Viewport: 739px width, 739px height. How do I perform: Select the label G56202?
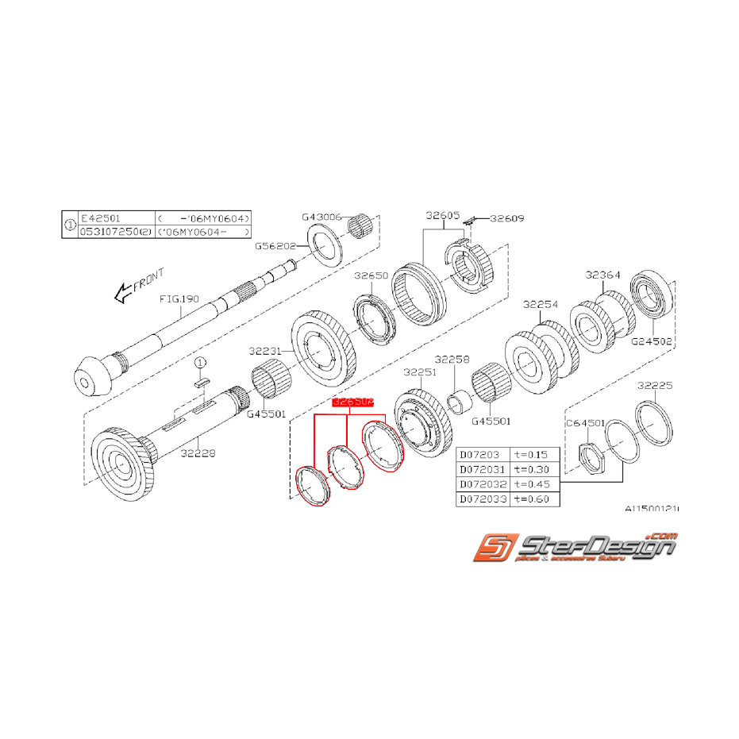click(275, 246)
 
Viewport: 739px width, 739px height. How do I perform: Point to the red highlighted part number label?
click(352, 402)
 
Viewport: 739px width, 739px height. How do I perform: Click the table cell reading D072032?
click(483, 484)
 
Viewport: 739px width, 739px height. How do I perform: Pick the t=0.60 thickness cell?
click(534, 499)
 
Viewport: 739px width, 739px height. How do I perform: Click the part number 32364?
click(603, 275)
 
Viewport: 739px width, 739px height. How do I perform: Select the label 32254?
click(541, 305)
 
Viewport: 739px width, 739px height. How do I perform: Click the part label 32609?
click(508, 217)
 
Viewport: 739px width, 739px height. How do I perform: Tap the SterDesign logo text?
click(595, 546)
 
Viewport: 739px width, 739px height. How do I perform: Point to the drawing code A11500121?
click(652, 509)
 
